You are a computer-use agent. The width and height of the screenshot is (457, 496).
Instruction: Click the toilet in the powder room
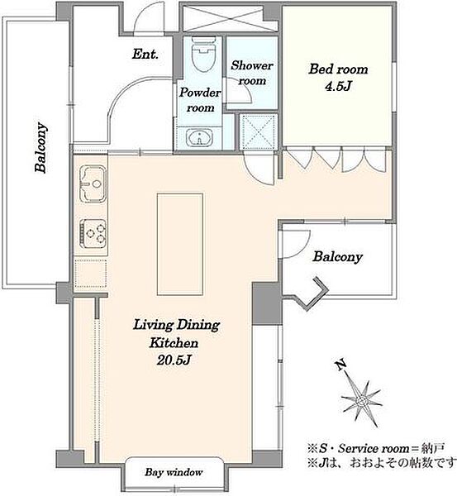[203, 55]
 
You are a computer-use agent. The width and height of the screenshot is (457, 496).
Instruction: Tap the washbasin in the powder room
[199, 138]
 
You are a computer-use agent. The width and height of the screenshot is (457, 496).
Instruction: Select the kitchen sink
[93, 184]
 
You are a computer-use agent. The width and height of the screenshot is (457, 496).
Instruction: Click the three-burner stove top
[93, 234]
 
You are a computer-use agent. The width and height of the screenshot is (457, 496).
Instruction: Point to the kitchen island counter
[180, 245]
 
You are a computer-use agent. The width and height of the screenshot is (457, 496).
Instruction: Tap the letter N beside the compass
[340, 365]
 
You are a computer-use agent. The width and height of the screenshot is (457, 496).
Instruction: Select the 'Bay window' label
[174, 472]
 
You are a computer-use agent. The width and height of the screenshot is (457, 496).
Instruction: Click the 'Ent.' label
[145, 54]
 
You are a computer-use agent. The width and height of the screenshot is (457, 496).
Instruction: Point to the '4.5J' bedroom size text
[338, 86]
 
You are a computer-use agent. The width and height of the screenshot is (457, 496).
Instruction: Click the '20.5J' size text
[174, 360]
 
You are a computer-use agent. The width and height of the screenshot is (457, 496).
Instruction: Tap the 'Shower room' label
[252, 73]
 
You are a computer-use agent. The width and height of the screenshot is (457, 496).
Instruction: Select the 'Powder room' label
[200, 100]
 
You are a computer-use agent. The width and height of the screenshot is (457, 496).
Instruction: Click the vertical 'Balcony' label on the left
[40, 147]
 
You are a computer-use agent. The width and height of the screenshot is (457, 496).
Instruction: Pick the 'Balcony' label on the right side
[337, 257]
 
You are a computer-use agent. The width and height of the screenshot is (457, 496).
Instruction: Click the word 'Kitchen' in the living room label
[174, 342]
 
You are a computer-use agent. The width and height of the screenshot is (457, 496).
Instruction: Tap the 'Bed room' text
[338, 69]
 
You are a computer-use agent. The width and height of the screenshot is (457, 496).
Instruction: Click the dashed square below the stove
[91, 274]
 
